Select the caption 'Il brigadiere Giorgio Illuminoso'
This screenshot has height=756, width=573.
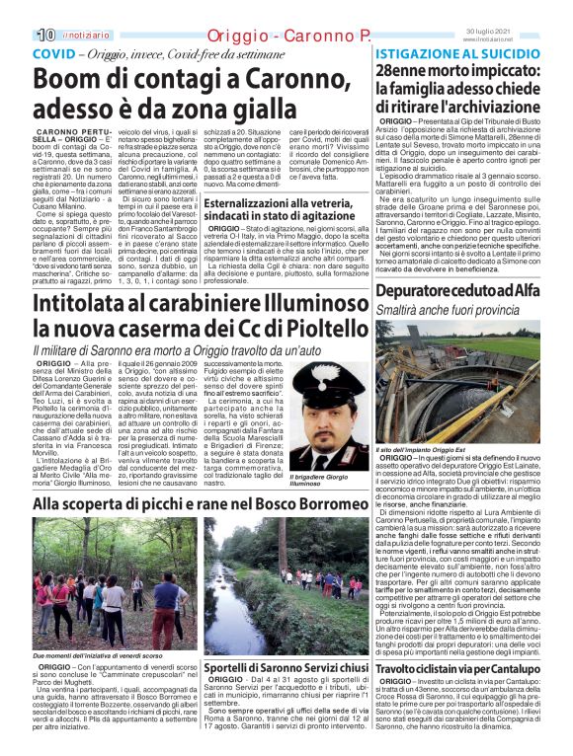[322, 479]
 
